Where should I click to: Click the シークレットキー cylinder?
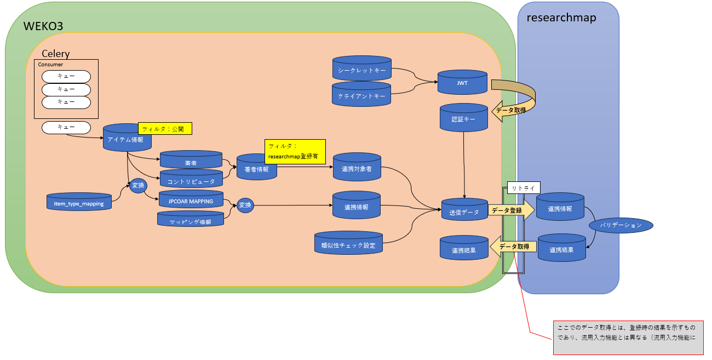click(361, 70)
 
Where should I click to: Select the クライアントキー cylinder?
click(361, 95)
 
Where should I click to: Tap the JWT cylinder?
click(462, 83)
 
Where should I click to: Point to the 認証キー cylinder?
click(463, 118)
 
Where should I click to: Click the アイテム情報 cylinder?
click(127, 139)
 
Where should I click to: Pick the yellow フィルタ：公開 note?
click(165, 129)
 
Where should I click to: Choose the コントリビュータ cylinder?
click(191, 181)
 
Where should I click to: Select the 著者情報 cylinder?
click(256, 169)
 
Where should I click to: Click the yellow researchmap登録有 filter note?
click(295, 151)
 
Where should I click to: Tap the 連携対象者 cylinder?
click(357, 168)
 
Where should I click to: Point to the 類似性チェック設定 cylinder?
click(348, 244)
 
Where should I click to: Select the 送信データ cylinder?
click(464, 212)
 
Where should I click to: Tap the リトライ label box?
click(524, 187)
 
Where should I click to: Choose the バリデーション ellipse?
click(621, 225)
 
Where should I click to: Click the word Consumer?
click(50, 65)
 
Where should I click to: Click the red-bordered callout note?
click(628, 336)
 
